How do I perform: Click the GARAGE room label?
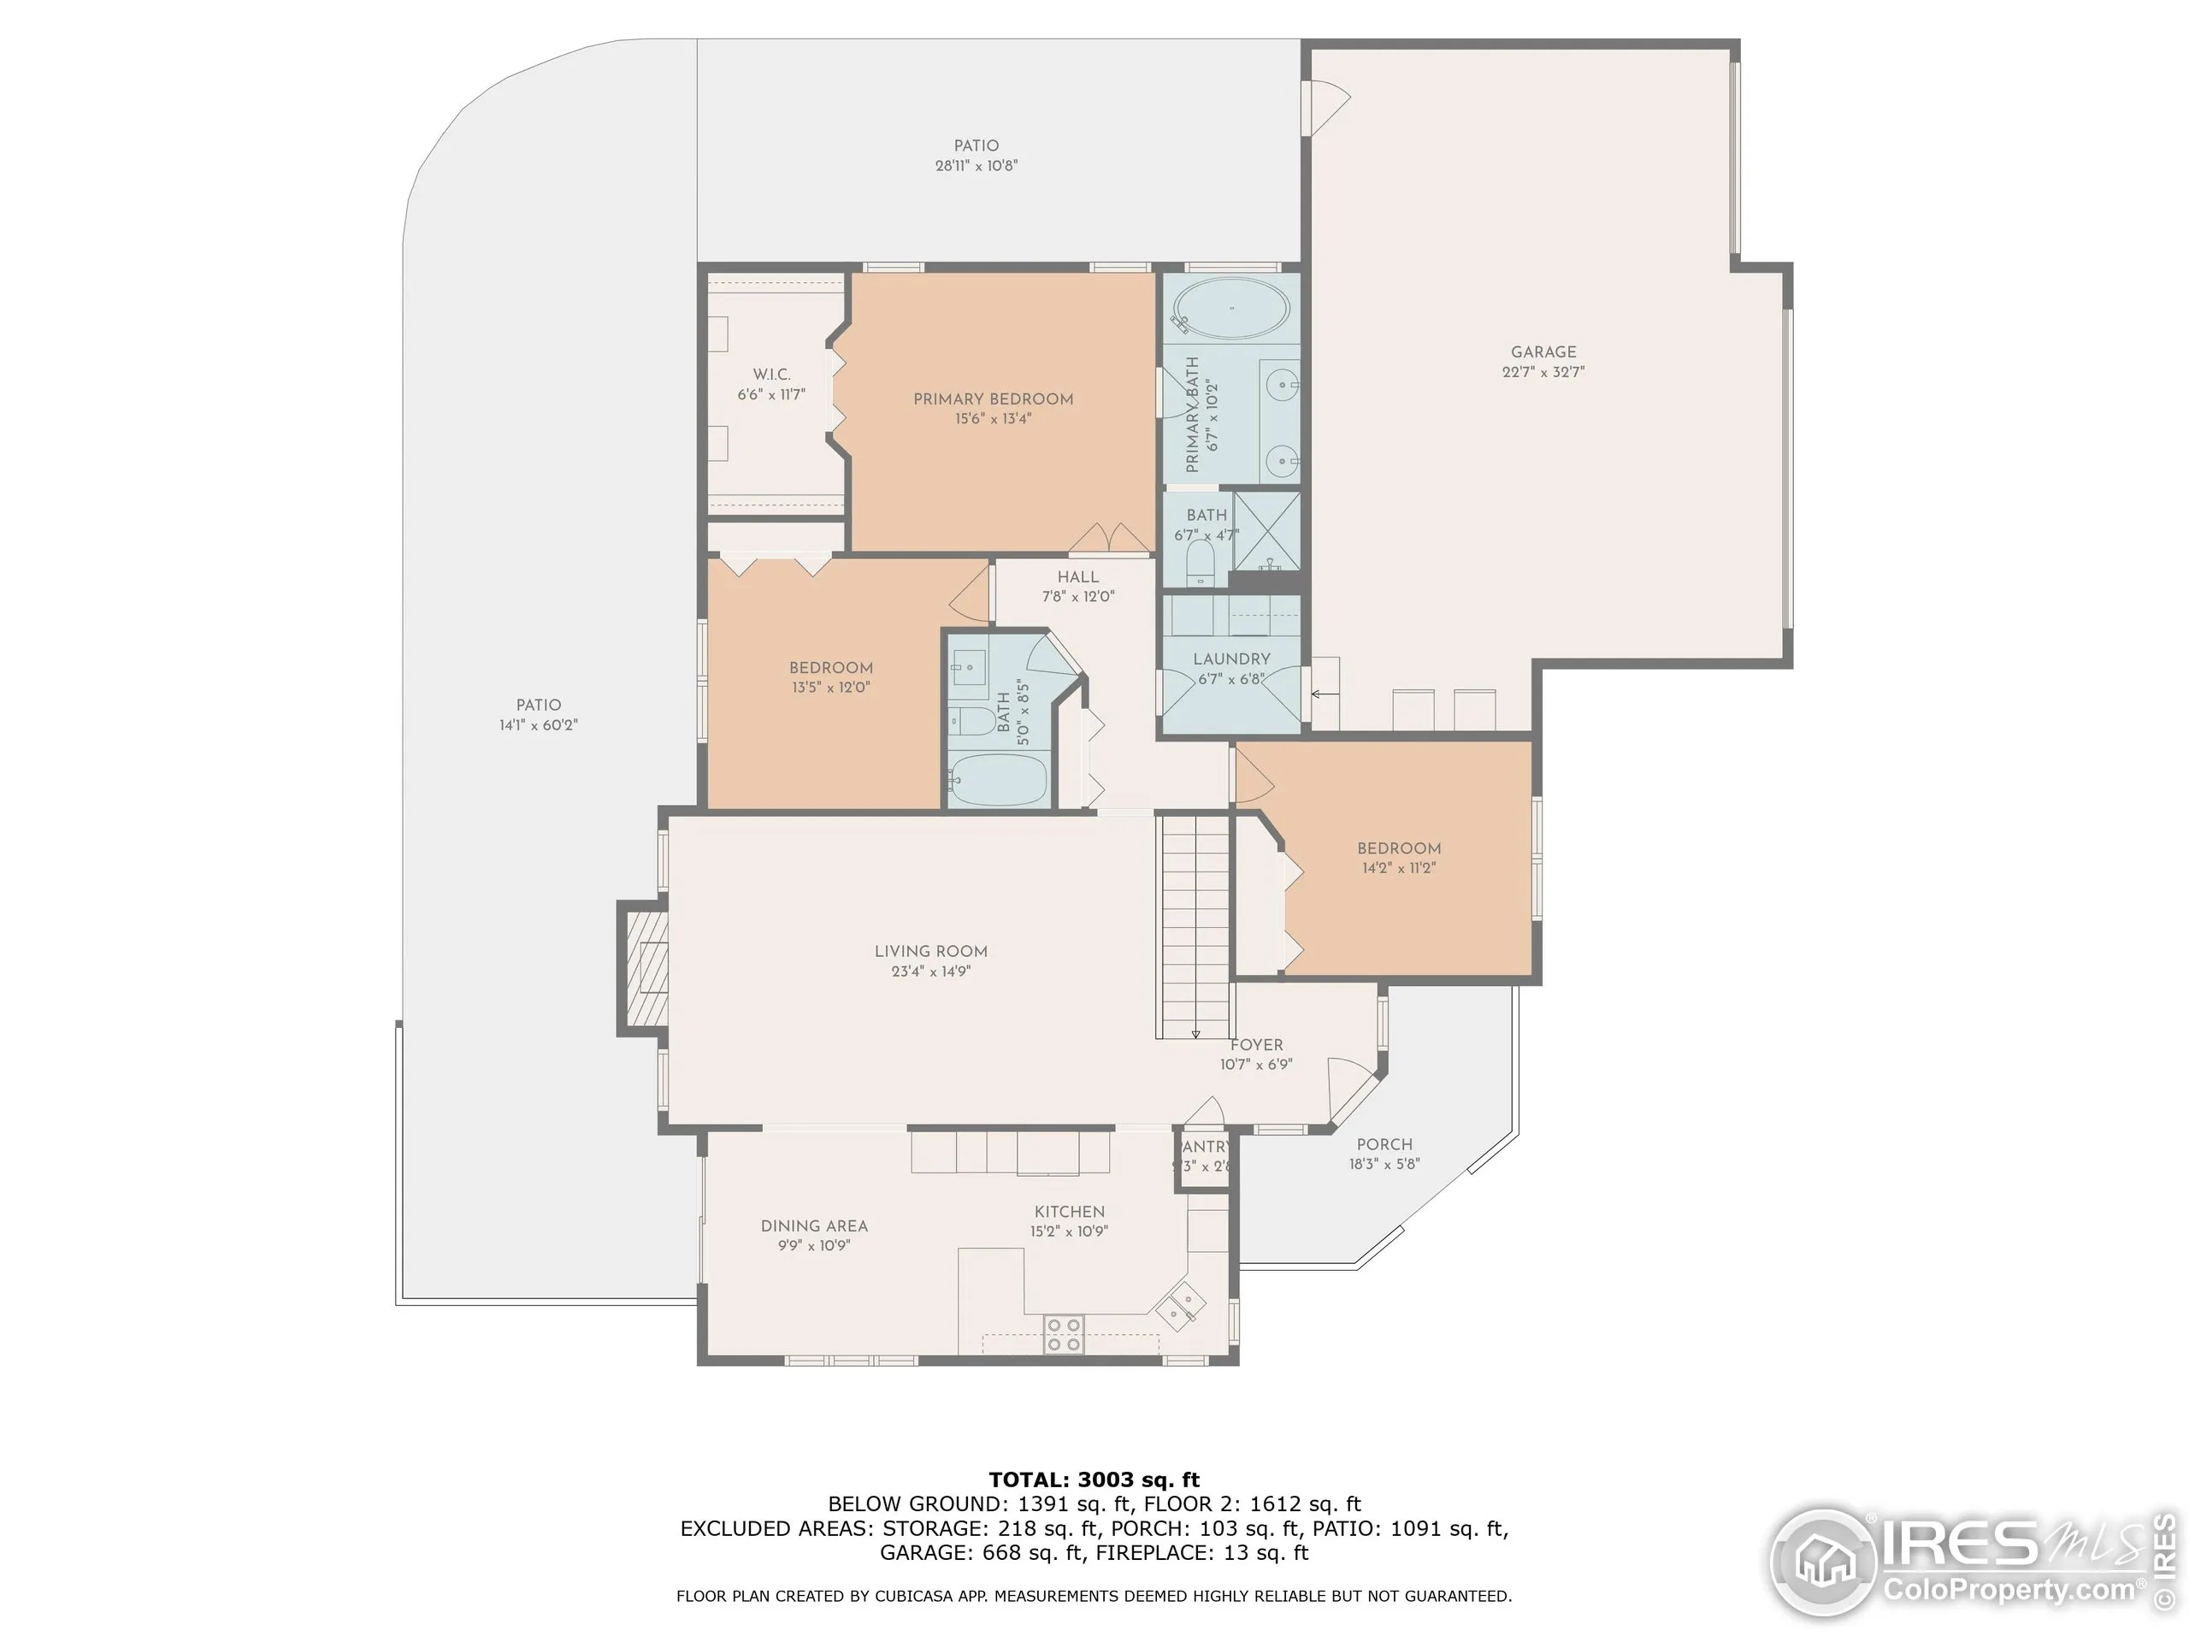pyautogui.click(x=1543, y=351)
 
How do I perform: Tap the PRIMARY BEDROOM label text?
pyautogui.click(x=993, y=399)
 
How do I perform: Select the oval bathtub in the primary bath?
pyautogui.click(x=1231, y=308)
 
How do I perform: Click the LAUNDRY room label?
pyautogui.click(x=1231, y=659)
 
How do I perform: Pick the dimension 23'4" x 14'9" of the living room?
pyautogui.click(x=930, y=971)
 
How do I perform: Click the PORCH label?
pyautogui.click(x=1384, y=1144)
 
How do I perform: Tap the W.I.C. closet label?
pyautogui.click(x=771, y=374)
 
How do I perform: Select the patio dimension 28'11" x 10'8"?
pyautogui.click(x=976, y=166)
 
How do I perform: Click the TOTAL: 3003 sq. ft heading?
pyautogui.click(x=1094, y=1480)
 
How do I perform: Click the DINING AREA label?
pyautogui.click(x=813, y=1226)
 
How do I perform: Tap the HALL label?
pyautogui.click(x=1077, y=577)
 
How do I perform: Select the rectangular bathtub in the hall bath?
pyautogui.click(x=998, y=780)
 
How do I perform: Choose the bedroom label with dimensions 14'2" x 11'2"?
pyautogui.click(x=1398, y=848)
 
